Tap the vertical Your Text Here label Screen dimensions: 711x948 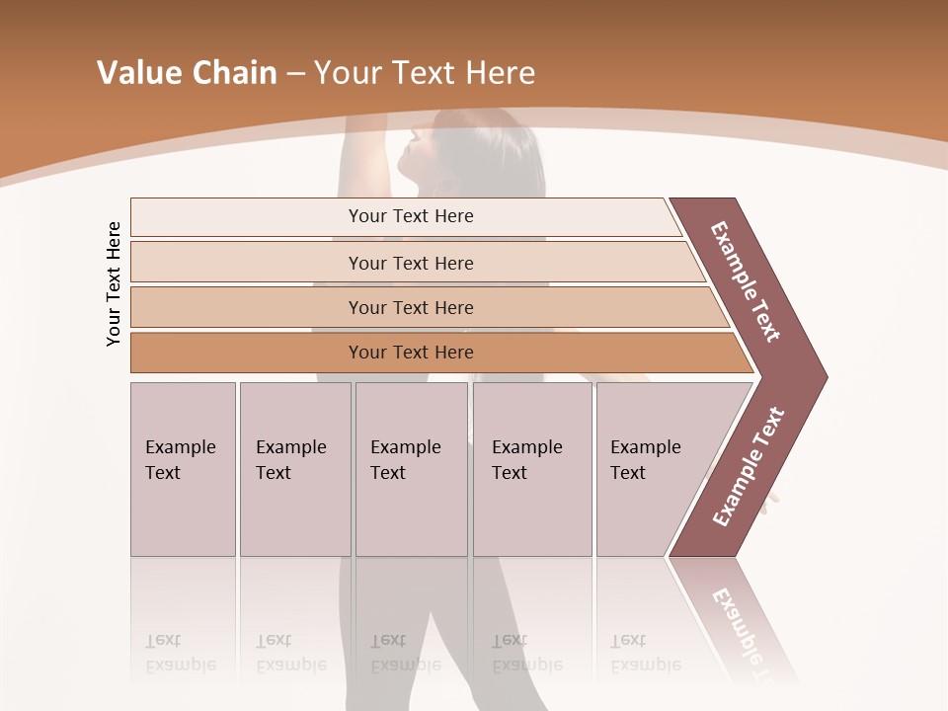[114, 283]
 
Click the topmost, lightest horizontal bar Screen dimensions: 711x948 [247, 217]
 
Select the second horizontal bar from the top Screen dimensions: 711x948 [247, 263]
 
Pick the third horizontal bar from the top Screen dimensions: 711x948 [247, 307]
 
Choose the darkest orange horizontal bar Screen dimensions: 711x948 [247, 353]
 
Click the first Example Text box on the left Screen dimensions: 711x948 [183, 469]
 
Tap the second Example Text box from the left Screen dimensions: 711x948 [295, 469]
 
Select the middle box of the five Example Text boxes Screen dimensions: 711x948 [411, 469]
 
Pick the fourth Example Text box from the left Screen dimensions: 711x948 [532, 469]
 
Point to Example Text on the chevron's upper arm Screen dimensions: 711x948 [746, 281]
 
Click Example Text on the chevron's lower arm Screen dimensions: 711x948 [749, 467]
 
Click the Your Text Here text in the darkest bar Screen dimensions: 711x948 [411, 353]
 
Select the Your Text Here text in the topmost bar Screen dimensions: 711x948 [411, 216]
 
